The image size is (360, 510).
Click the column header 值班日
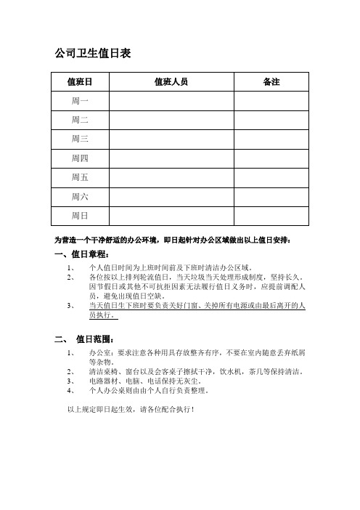79,81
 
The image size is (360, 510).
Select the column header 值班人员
171,81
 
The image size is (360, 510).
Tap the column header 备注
271,81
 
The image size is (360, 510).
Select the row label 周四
79,158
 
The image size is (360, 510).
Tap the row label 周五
79,177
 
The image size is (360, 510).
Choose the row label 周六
79,196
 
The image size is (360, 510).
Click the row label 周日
79,216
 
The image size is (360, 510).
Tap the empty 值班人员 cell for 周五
171,177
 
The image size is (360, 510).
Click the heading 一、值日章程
82,255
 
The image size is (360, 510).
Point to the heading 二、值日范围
86,339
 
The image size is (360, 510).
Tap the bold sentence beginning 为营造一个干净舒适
173,239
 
